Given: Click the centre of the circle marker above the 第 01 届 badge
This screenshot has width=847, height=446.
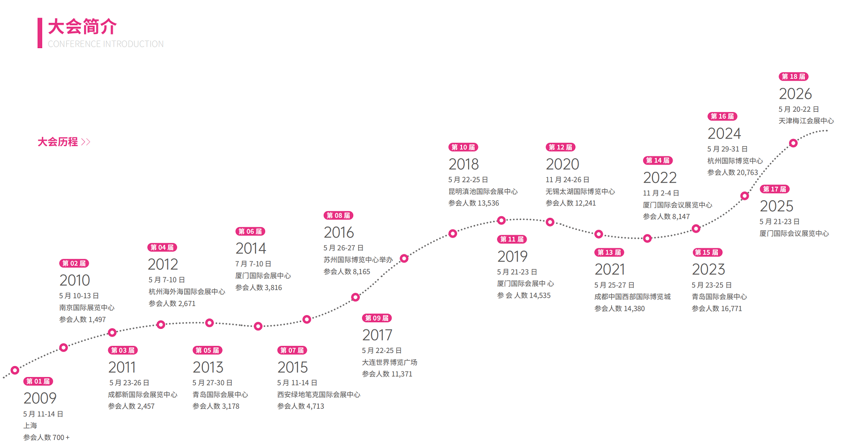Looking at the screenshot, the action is pos(15,370).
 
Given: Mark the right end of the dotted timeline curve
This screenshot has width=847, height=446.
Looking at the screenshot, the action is pos(827,130).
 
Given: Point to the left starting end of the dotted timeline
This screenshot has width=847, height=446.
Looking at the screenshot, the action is pos(3,377).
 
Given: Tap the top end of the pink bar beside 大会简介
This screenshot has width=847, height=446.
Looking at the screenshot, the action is pos(40,18).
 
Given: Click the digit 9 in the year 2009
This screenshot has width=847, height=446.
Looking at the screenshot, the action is pos(51,398).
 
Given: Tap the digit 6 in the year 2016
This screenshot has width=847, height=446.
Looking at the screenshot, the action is pos(349,232).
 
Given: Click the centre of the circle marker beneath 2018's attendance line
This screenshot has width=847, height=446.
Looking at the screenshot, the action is pos(453,234).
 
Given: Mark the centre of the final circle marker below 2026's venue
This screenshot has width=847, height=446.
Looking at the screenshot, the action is pos(793,143).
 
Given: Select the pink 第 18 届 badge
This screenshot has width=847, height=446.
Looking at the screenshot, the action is pos(793,77).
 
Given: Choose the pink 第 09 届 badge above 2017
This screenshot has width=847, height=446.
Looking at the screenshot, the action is pos(377,318).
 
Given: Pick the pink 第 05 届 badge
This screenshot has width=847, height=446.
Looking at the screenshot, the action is pos(207,350).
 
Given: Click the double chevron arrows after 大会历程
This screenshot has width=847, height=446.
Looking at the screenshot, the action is pos(86,142).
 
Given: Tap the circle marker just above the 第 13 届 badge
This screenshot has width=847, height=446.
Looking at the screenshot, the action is pos(599,234).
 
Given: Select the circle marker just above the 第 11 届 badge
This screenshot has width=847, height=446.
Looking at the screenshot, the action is pos(501,220).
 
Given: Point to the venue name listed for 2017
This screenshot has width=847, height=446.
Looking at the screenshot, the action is pos(389,362).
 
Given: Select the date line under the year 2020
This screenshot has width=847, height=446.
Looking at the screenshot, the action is pos(567,179).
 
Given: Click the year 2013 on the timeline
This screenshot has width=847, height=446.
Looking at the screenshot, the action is pos(208,367).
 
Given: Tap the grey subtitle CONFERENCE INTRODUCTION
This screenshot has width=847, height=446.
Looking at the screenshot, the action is pos(106,44).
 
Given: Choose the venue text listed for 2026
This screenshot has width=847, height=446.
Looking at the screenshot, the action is pos(806,121).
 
